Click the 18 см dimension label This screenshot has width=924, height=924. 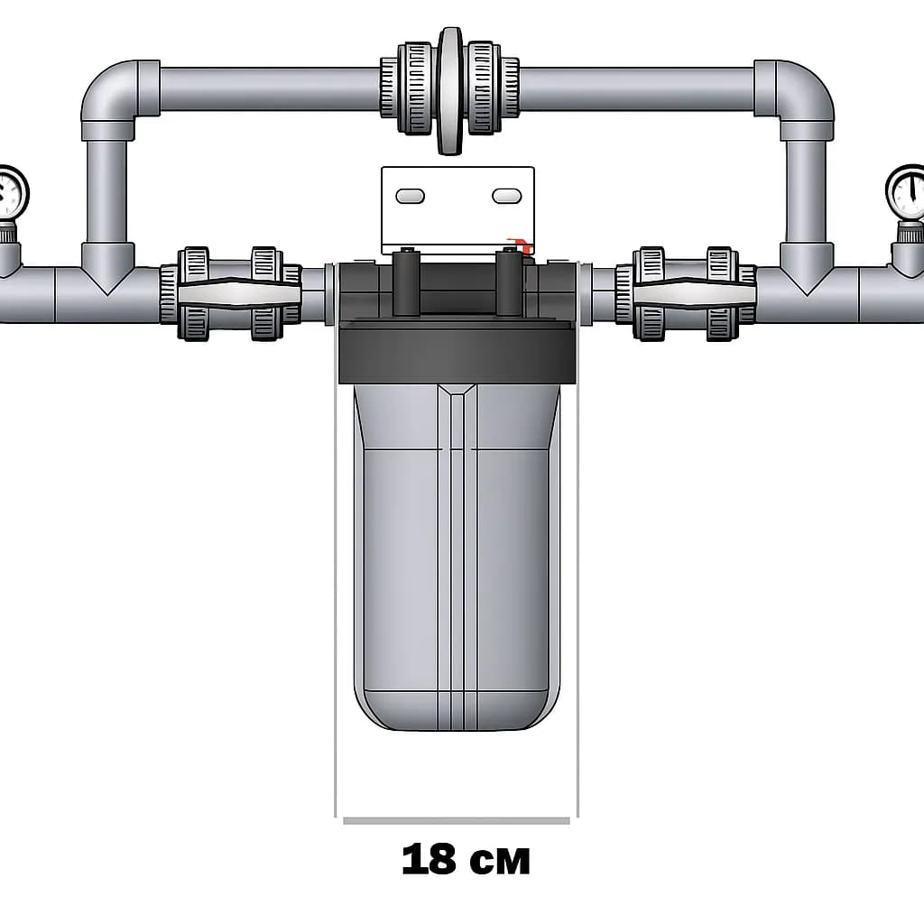(x=466, y=859)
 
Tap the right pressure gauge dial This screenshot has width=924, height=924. (x=906, y=193)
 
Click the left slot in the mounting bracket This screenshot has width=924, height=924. (x=411, y=196)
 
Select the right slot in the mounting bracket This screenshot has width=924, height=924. (x=507, y=196)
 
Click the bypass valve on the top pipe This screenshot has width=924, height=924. (x=450, y=90)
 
